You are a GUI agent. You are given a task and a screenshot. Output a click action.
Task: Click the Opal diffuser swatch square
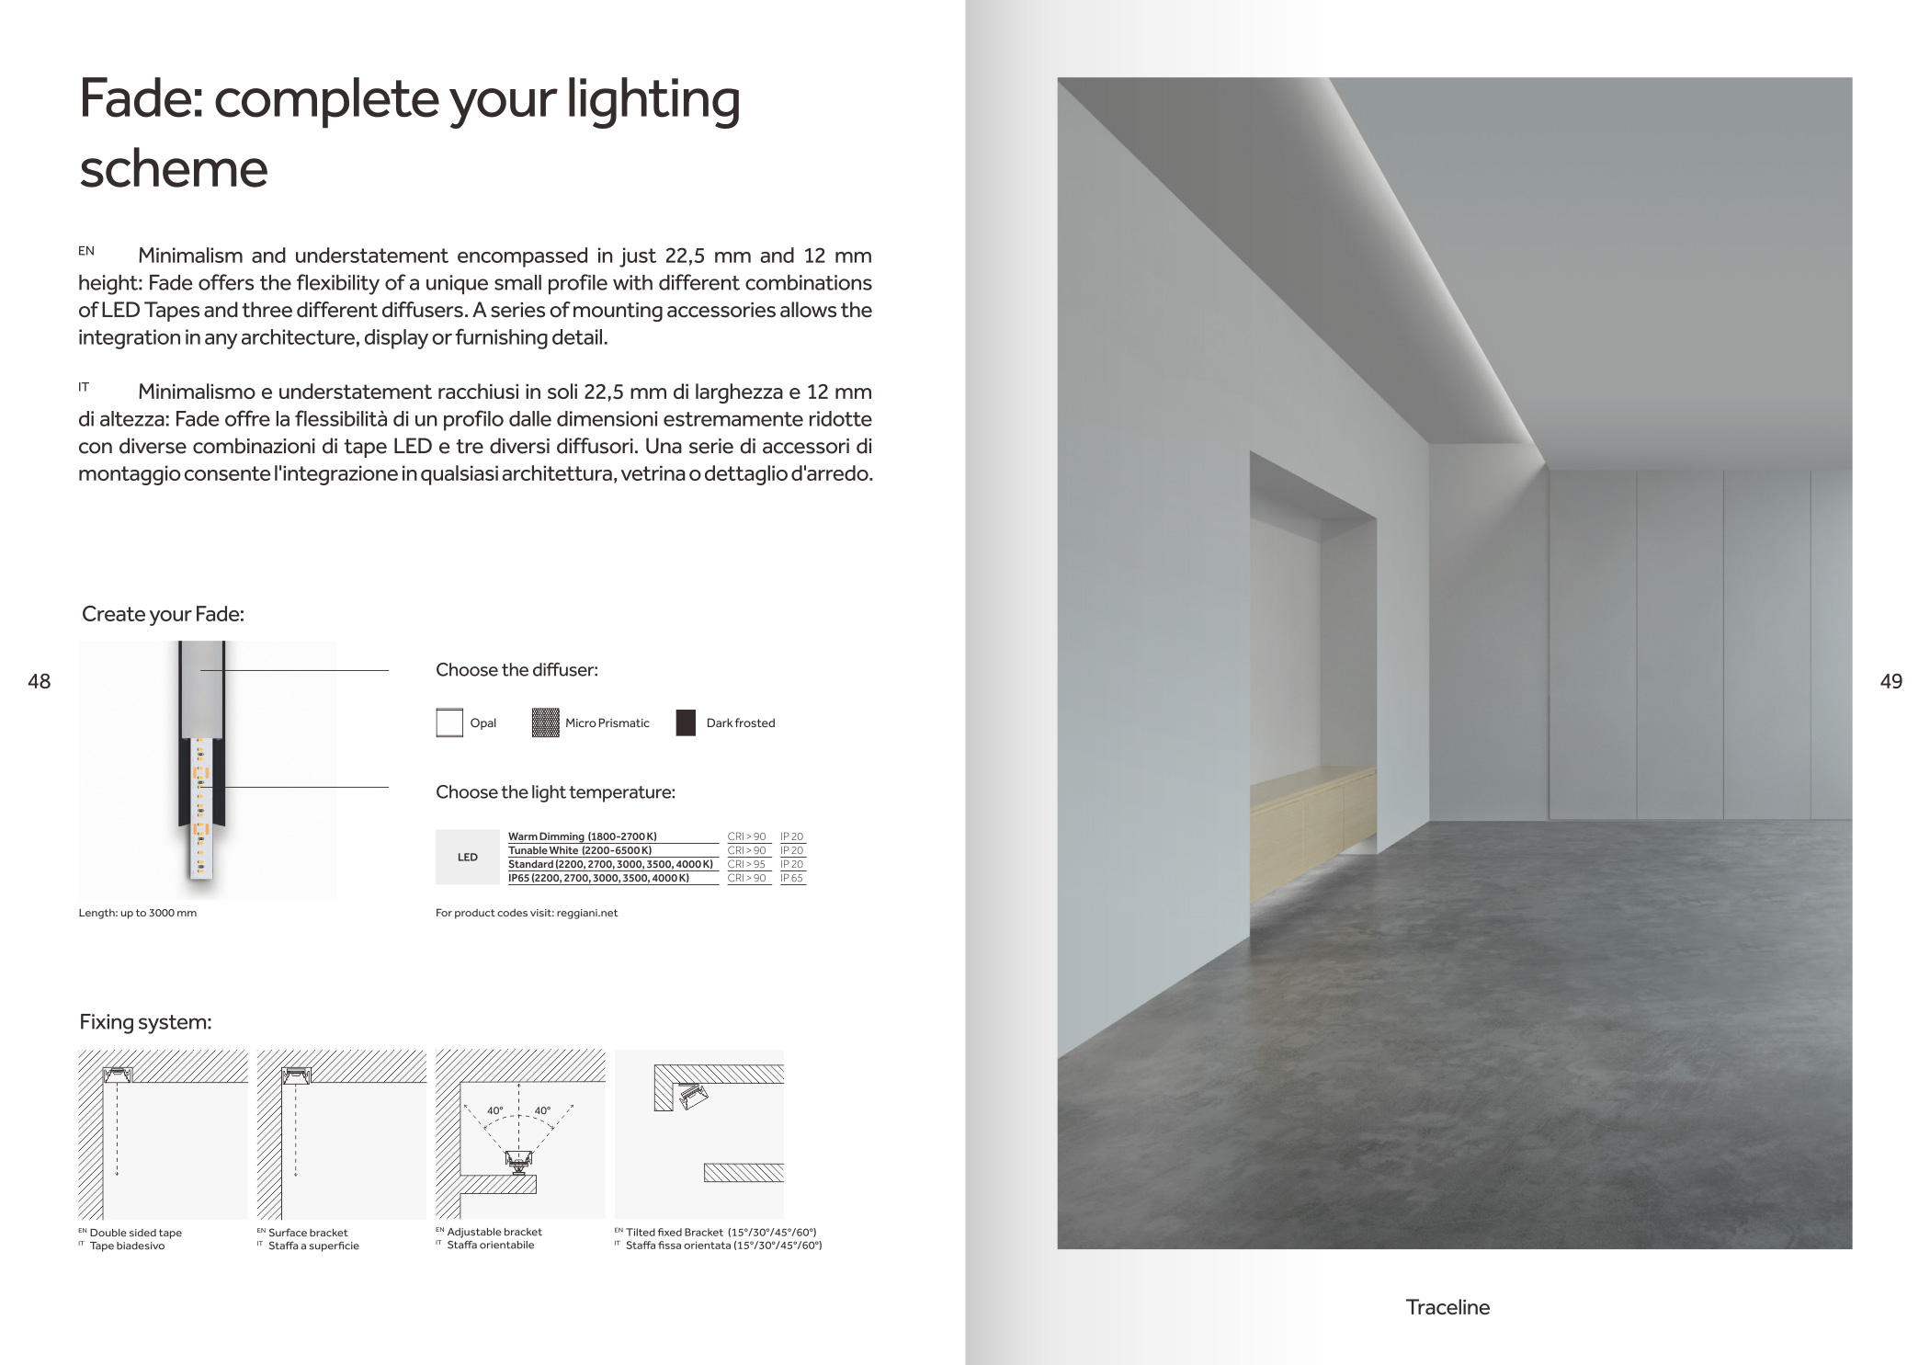coord(449,723)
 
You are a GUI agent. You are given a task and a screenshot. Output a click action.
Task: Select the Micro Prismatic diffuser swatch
coord(545,723)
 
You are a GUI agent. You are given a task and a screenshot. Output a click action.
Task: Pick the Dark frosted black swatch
coord(686,723)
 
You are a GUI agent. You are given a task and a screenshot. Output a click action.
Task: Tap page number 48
coord(40,681)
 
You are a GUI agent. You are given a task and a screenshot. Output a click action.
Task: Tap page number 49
coord(1890,681)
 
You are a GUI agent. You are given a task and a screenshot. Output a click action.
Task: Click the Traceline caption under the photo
coord(1447,1307)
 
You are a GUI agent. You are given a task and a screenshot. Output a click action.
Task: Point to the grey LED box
coord(468,858)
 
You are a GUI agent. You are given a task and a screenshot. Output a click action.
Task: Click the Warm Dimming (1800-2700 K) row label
coord(583,836)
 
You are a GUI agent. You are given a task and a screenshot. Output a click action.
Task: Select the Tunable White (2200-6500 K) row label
coord(580,850)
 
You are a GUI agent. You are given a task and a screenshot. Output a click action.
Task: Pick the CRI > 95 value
coord(746,864)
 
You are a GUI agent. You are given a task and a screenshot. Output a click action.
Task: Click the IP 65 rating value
coord(791,878)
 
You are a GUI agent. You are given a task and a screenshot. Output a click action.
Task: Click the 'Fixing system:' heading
coord(145,1022)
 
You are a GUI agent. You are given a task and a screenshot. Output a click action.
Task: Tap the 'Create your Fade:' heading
coord(163,614)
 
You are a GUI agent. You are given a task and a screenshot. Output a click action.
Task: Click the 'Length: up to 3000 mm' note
coord(138,913)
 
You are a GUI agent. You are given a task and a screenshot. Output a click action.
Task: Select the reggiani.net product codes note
coord(527,913)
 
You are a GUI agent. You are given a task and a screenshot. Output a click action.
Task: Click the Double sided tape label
coord(135,1233)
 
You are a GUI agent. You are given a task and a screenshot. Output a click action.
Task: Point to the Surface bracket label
coord(308,1233)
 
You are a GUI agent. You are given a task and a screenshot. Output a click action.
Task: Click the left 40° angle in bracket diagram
coord(494,1111)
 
